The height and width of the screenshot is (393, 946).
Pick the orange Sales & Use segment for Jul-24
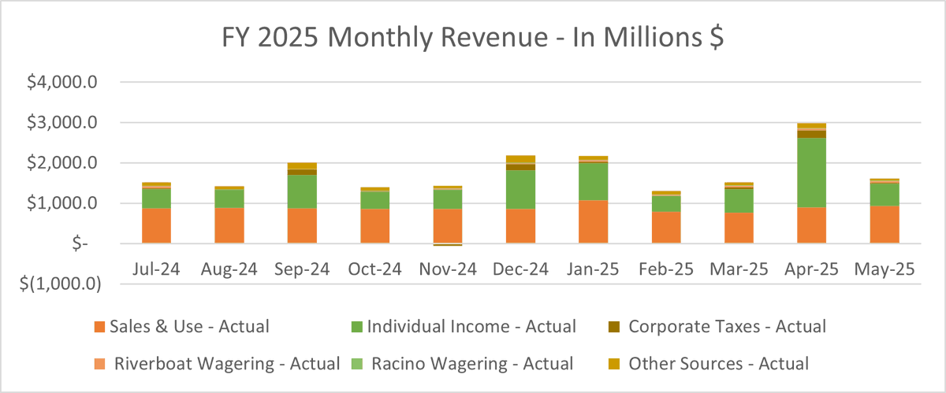click(156, 226)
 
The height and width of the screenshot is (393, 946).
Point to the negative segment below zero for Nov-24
click(447, 245)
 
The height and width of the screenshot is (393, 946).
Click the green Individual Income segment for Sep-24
click(303, 191)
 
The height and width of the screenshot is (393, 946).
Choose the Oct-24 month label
click(375, 269)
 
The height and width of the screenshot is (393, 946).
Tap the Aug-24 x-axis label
click(229, 269)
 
